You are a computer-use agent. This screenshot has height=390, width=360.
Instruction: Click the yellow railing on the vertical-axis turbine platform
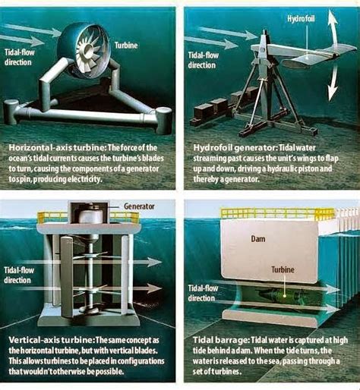[x=53, y=217]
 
